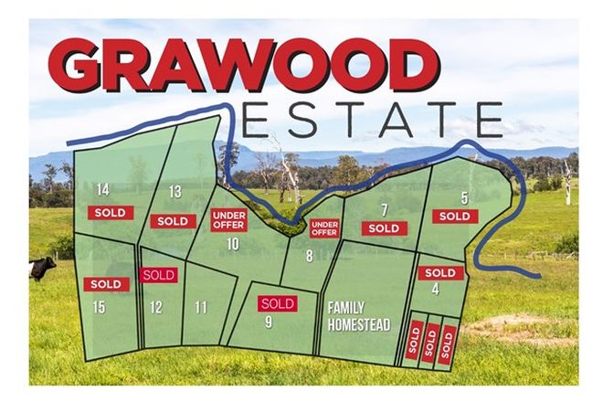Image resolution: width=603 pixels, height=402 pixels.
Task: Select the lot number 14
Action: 103,190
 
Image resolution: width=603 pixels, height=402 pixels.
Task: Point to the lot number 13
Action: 176,191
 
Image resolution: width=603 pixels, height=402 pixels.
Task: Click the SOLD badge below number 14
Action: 111,212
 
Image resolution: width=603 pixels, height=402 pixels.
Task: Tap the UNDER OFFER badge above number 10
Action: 229,219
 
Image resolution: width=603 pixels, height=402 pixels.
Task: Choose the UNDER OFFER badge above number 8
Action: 324,227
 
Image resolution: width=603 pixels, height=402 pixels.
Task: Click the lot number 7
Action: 385,209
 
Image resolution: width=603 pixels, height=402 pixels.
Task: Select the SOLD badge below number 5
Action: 454,217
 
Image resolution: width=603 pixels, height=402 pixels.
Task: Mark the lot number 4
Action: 436,290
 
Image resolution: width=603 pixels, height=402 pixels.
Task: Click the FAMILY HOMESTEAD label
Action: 359,316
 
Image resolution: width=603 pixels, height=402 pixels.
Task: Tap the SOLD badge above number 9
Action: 277,303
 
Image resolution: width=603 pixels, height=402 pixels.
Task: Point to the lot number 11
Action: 201,307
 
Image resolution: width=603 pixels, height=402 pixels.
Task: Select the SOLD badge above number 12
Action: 159,274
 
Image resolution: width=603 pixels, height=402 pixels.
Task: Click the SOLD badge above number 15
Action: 106,284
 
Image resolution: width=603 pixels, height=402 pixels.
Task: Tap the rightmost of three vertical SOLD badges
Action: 447,342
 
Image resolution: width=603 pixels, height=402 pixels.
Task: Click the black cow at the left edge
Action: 41,269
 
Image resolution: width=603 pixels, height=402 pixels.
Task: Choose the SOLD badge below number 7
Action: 384,228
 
